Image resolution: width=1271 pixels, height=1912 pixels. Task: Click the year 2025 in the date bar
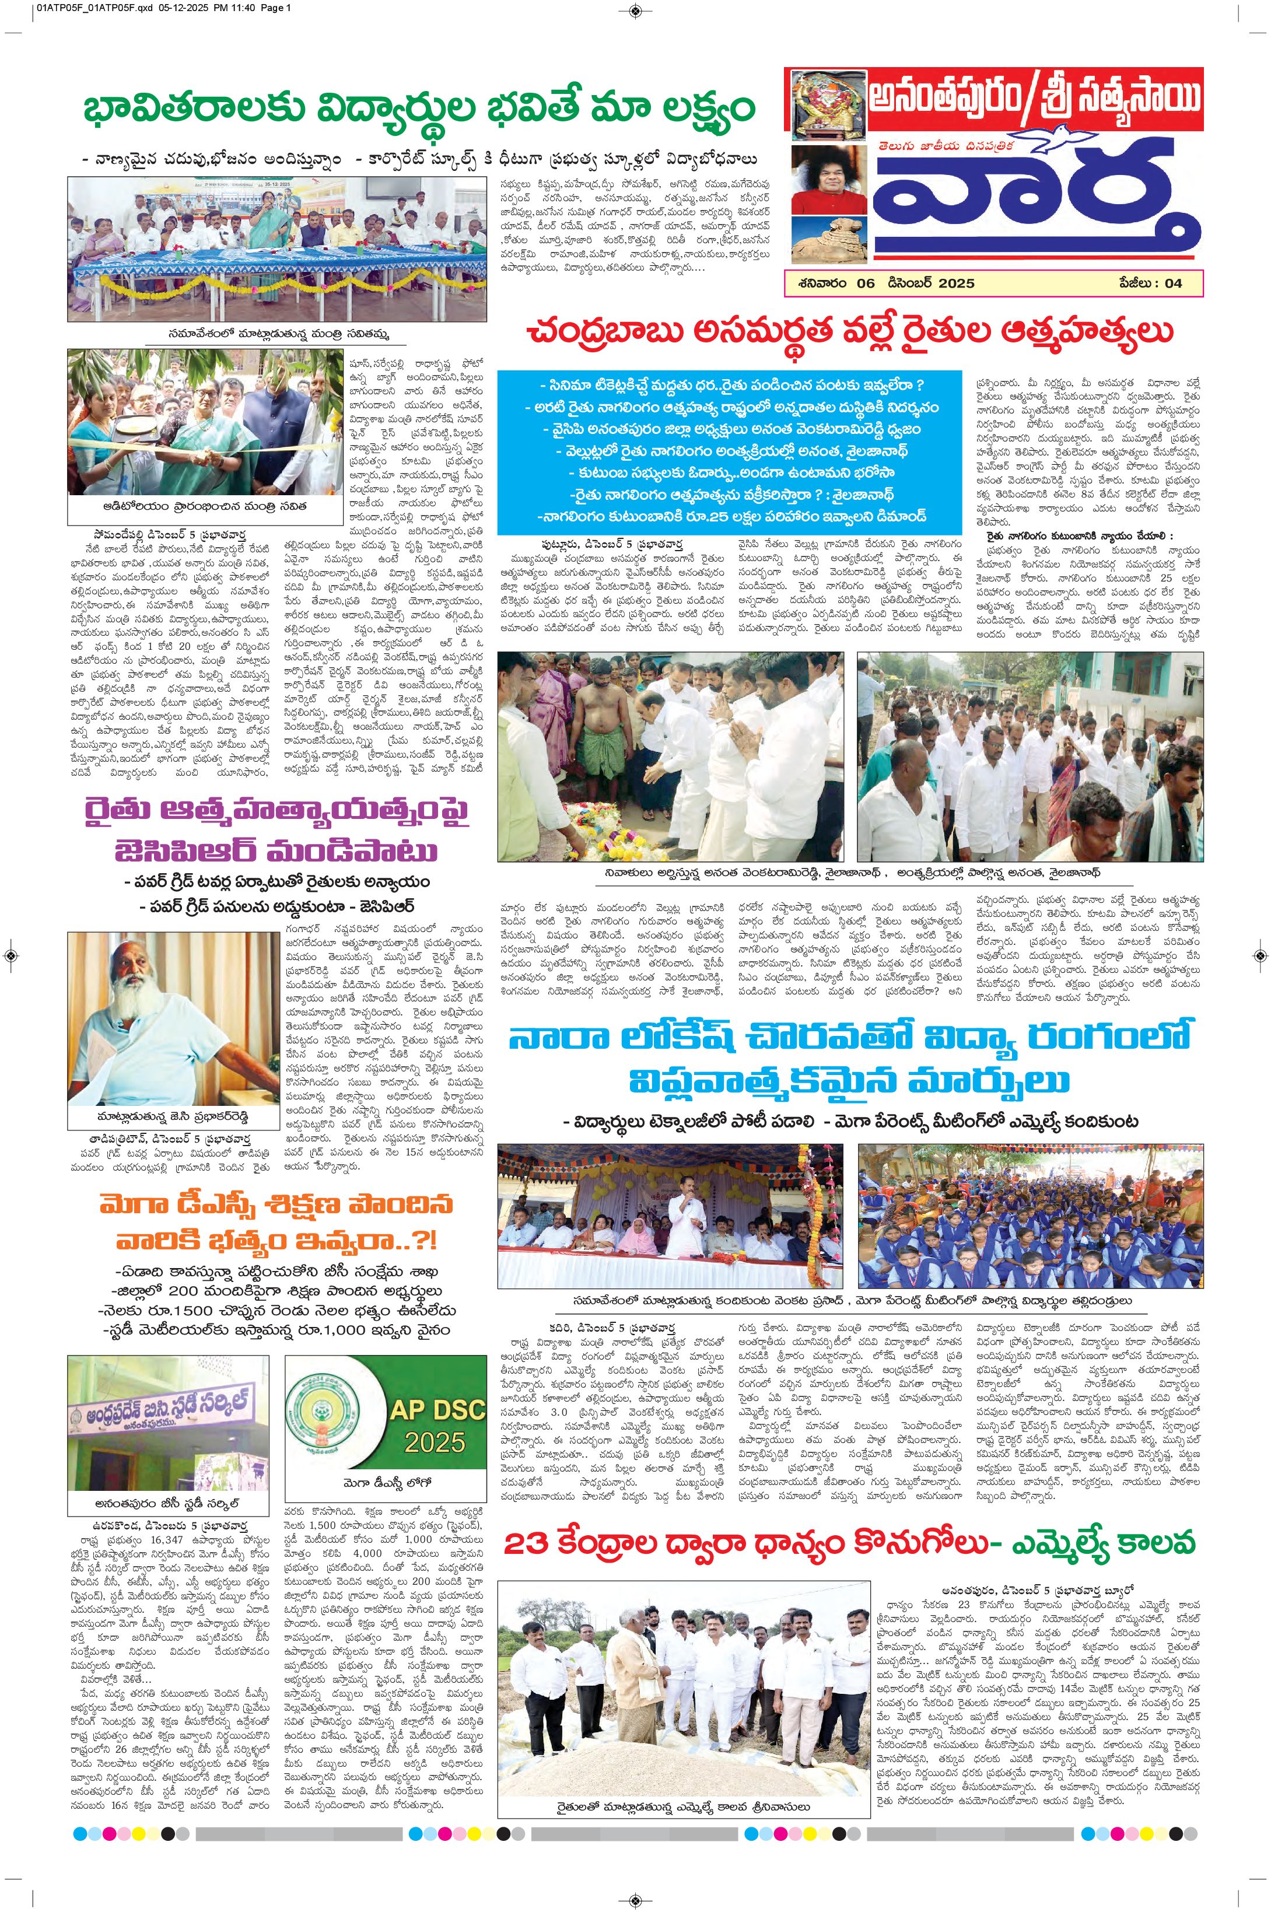[957, 283]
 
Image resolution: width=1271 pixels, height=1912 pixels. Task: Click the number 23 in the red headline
[526, 1543]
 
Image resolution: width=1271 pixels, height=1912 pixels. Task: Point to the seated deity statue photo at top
[826, 103]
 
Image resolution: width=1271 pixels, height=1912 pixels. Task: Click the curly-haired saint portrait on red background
[826, 180]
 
